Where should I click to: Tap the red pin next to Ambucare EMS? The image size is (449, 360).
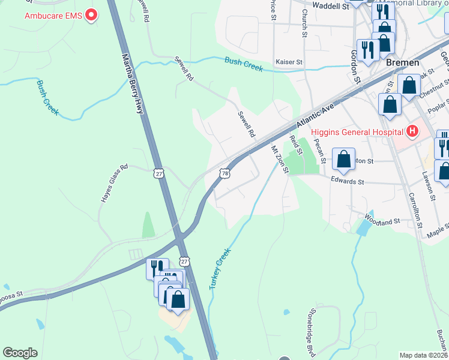click(91, 14)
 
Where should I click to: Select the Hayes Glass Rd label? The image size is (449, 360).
click(113, 183)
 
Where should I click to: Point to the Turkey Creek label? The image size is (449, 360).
click(220, 270)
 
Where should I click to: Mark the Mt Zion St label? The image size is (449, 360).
click(280, 159)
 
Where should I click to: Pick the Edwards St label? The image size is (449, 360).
click(348, 181)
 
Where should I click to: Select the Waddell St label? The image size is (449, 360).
click(331, 7)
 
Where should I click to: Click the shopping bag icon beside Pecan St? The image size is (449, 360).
click(344, 159)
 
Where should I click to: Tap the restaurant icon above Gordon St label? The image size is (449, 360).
click(366, 49)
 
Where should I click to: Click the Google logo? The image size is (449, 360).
click(20, 353)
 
